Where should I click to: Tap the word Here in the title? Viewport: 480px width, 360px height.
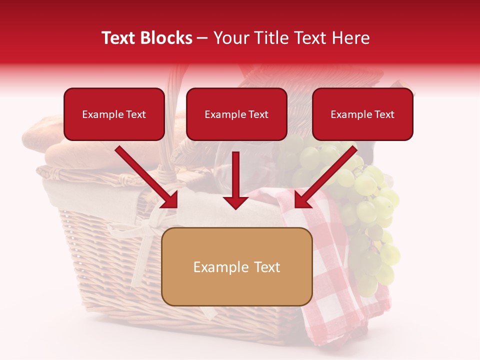click(352, 38)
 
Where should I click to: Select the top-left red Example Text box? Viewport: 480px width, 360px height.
click(114, 114)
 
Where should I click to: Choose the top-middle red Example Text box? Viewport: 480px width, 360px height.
click(236, 114)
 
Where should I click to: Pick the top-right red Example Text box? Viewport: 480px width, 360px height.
click(362, 114)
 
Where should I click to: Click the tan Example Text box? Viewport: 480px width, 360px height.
click(236, 267)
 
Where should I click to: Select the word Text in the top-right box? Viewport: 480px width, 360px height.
click(384, 114)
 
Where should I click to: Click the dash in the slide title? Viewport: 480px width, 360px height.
click(202, 38)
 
